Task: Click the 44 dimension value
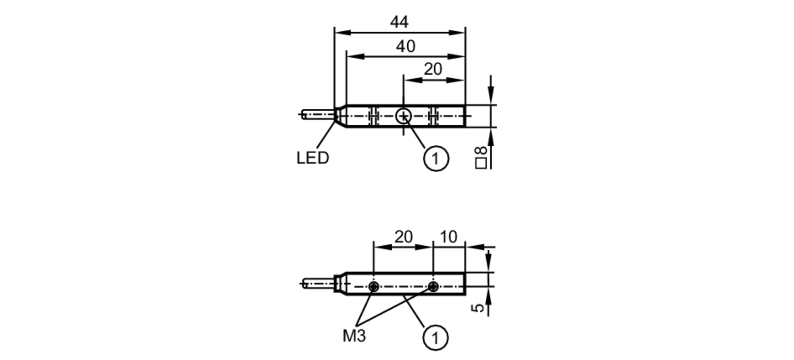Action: [x=399, y=22]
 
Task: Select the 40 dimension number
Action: [x=406, y=46]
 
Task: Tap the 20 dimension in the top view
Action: [x=433, y=69]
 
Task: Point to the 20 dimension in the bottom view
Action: [x=404, y=237]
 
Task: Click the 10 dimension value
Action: [x=449, y=237]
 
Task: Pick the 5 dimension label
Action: [x=480, y=308]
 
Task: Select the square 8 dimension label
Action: [x=481, y=158]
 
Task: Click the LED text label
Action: [x=313, y=158]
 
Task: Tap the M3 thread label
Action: [x=354, y=336]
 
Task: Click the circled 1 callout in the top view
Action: [x=436, y=159]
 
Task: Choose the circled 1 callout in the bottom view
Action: [x=436, y=338]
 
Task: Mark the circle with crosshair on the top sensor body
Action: [x=403, y=116]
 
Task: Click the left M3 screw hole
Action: [x=374, y=286]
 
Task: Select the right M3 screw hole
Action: [x=434, y=286]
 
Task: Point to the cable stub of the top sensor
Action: [x=318, y=115]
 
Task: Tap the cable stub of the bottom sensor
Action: [x=318, y=283]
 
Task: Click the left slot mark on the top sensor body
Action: [x=373, y=116]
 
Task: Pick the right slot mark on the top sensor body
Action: [x=433, y=116]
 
